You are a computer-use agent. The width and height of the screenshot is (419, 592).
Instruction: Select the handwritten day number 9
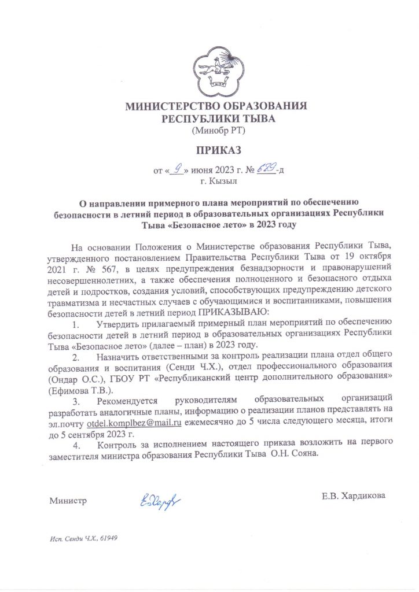pos(180,169)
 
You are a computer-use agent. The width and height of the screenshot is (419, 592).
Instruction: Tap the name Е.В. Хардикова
pos(354,496)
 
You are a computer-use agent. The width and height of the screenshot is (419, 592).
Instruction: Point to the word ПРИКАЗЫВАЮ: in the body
pos(231,312)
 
